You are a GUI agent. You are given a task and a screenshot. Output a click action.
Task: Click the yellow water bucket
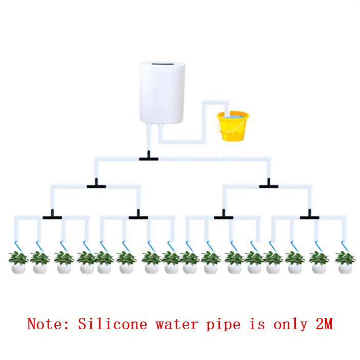[233, 126]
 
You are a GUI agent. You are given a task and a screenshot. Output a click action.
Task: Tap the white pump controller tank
[163, 92]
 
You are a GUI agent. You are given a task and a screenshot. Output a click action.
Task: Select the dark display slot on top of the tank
[162, 64]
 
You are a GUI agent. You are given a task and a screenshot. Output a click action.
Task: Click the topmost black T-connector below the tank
[149, 156]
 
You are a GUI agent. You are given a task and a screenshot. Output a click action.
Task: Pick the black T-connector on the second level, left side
[96, 184]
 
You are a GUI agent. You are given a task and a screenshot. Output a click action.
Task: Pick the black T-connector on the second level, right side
[269, 184]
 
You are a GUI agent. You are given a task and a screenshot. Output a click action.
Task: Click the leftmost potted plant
[18, 263]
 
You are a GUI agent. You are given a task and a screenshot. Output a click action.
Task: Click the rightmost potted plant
[345, 263]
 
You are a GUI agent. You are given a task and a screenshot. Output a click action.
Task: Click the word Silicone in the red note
[112, 324]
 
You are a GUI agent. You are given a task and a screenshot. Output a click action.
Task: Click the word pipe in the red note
[224, 325]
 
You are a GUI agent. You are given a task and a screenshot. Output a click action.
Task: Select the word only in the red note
[291, 325]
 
